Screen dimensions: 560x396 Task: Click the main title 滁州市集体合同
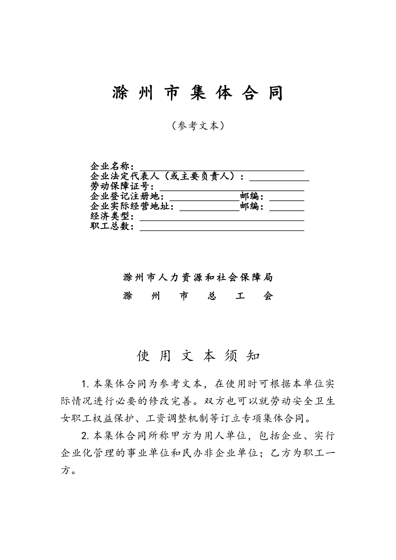click(x=198, y=93)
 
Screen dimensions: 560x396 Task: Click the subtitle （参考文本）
click(x=198, y=126)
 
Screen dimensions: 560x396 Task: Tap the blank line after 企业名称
click(x=221, y=167)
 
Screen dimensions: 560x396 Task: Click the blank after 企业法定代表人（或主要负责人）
click(x=279, y=177)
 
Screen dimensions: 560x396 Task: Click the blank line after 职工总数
click(x=221, y=227)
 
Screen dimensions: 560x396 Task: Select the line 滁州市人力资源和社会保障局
click(x=198, y=277)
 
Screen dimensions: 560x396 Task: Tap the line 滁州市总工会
click(x=198, y=296)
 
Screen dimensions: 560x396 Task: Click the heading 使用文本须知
click(x=198, y=355)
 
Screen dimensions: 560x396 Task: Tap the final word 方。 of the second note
click(x=68, y=471)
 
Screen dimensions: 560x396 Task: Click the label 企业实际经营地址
click(x=132, y=207)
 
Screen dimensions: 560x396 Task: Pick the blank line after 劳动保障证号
click(x=229, y=187)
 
